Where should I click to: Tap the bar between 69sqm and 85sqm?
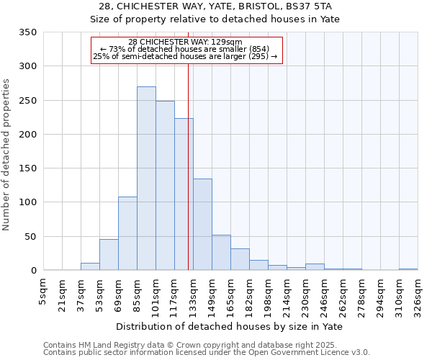pyautogui.click(x=127, y=233)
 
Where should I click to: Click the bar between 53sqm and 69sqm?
pyautogui.click(x=109, y=255)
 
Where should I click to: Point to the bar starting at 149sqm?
pyautogui.click(x=221, y=253)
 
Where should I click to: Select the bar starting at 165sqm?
pyautogui.click(x=240, y=259)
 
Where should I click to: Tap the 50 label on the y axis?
pyautogui.click(x=30, y=237)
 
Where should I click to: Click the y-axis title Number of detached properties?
pyautogui.click(x=7, y=156)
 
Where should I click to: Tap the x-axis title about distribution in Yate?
pyautogui.click(x=230, y=327)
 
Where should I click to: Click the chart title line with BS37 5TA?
pyautogui.click(x=215, y=6)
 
